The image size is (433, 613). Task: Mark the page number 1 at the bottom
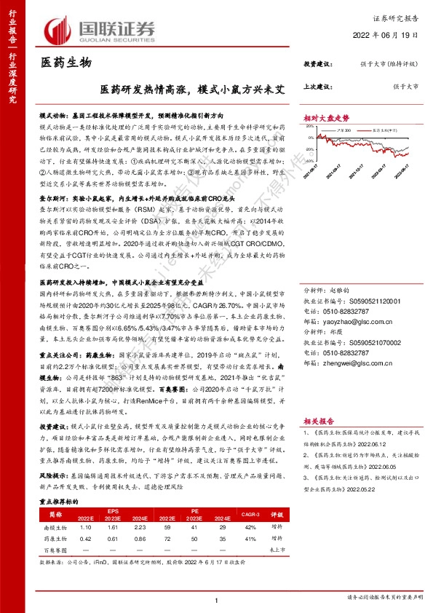point(216,599)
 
